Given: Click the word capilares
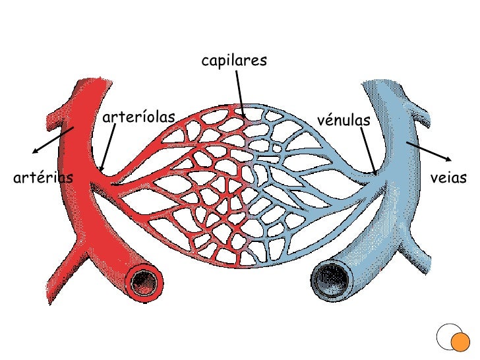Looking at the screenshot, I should tap(234, 61).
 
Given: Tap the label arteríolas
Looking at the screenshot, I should tap(139, 117).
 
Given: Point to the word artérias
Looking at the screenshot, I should tap(43, 177).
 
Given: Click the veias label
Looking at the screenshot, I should tap(448, 178).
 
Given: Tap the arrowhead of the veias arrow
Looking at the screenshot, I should tap(450, 160).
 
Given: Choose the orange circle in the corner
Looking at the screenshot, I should tap(460, 341).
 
